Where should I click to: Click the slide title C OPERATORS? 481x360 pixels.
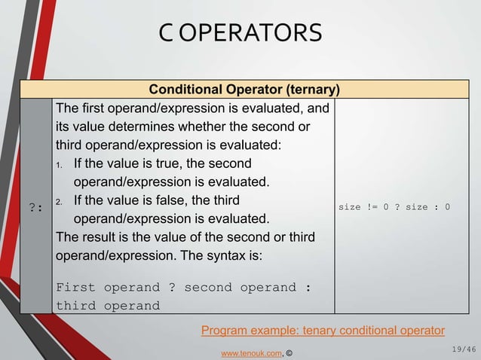(240, 33)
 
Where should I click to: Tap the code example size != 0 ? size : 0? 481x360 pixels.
(394, 206)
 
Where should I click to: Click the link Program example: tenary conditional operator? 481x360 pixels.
(323, 330)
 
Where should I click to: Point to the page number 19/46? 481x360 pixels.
(462, 348)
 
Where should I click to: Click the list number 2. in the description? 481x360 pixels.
(60, 201)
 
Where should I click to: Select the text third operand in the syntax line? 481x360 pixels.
(109, 306)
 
